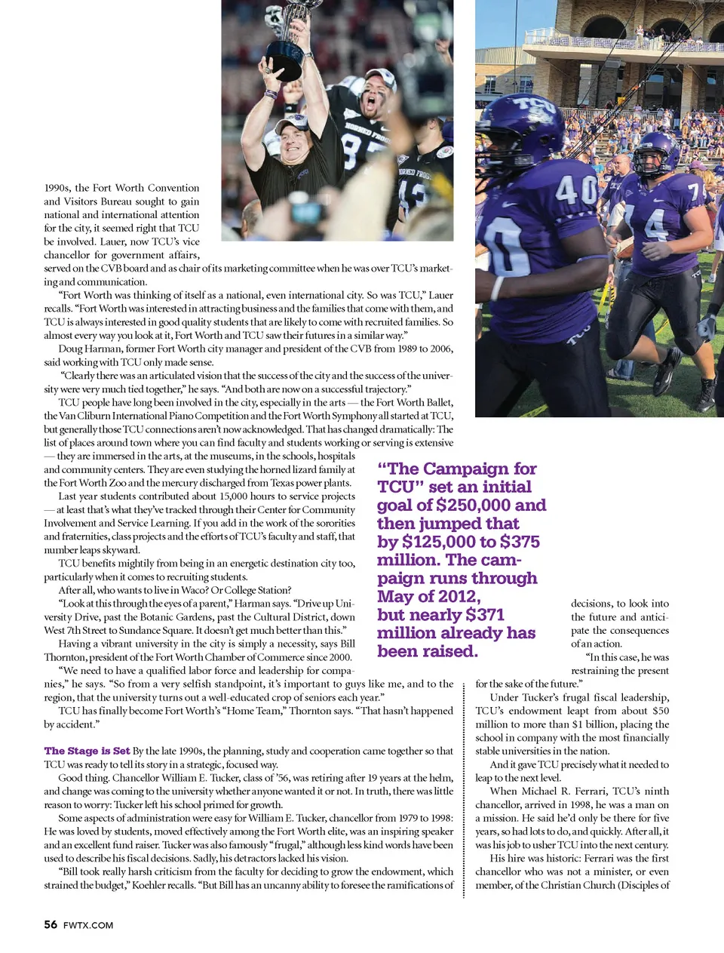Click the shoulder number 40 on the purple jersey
pos(577,189)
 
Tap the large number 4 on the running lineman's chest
pos(655,226)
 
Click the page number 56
pos(51,924)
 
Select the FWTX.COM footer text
pos(88,925)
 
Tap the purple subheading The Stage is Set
pos(87,751)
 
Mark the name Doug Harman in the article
pos(89,349)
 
